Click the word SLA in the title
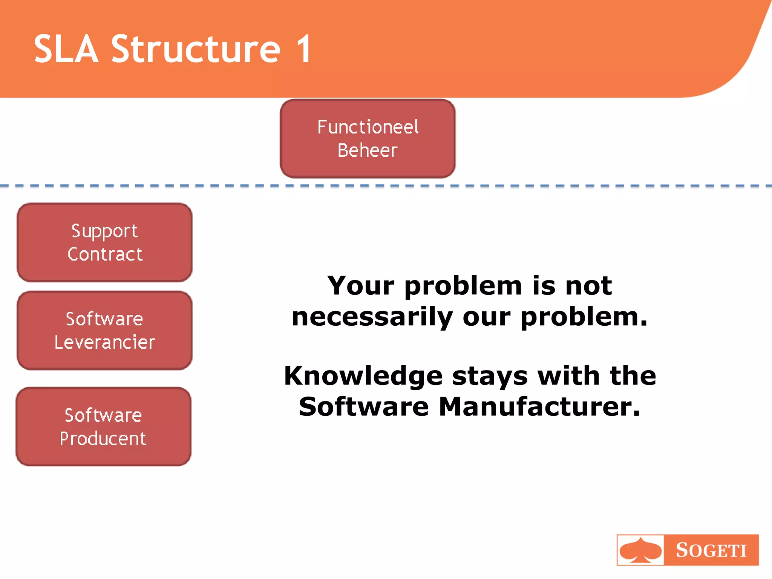tap(66, 49)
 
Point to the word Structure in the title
tap(196, 49)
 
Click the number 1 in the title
tap(304, 49)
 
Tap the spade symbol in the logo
tap(640, 550)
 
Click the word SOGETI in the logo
tap(711, 550)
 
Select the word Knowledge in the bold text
tap(363, 376)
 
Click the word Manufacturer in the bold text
tap(539, 407)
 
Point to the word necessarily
tap(372, 317)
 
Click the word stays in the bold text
tap(490, 377)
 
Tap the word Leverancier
tap(105, 342)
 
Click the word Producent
tap(103, 439)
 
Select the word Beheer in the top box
tap(368, 150)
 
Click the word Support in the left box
tap(104, 231)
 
